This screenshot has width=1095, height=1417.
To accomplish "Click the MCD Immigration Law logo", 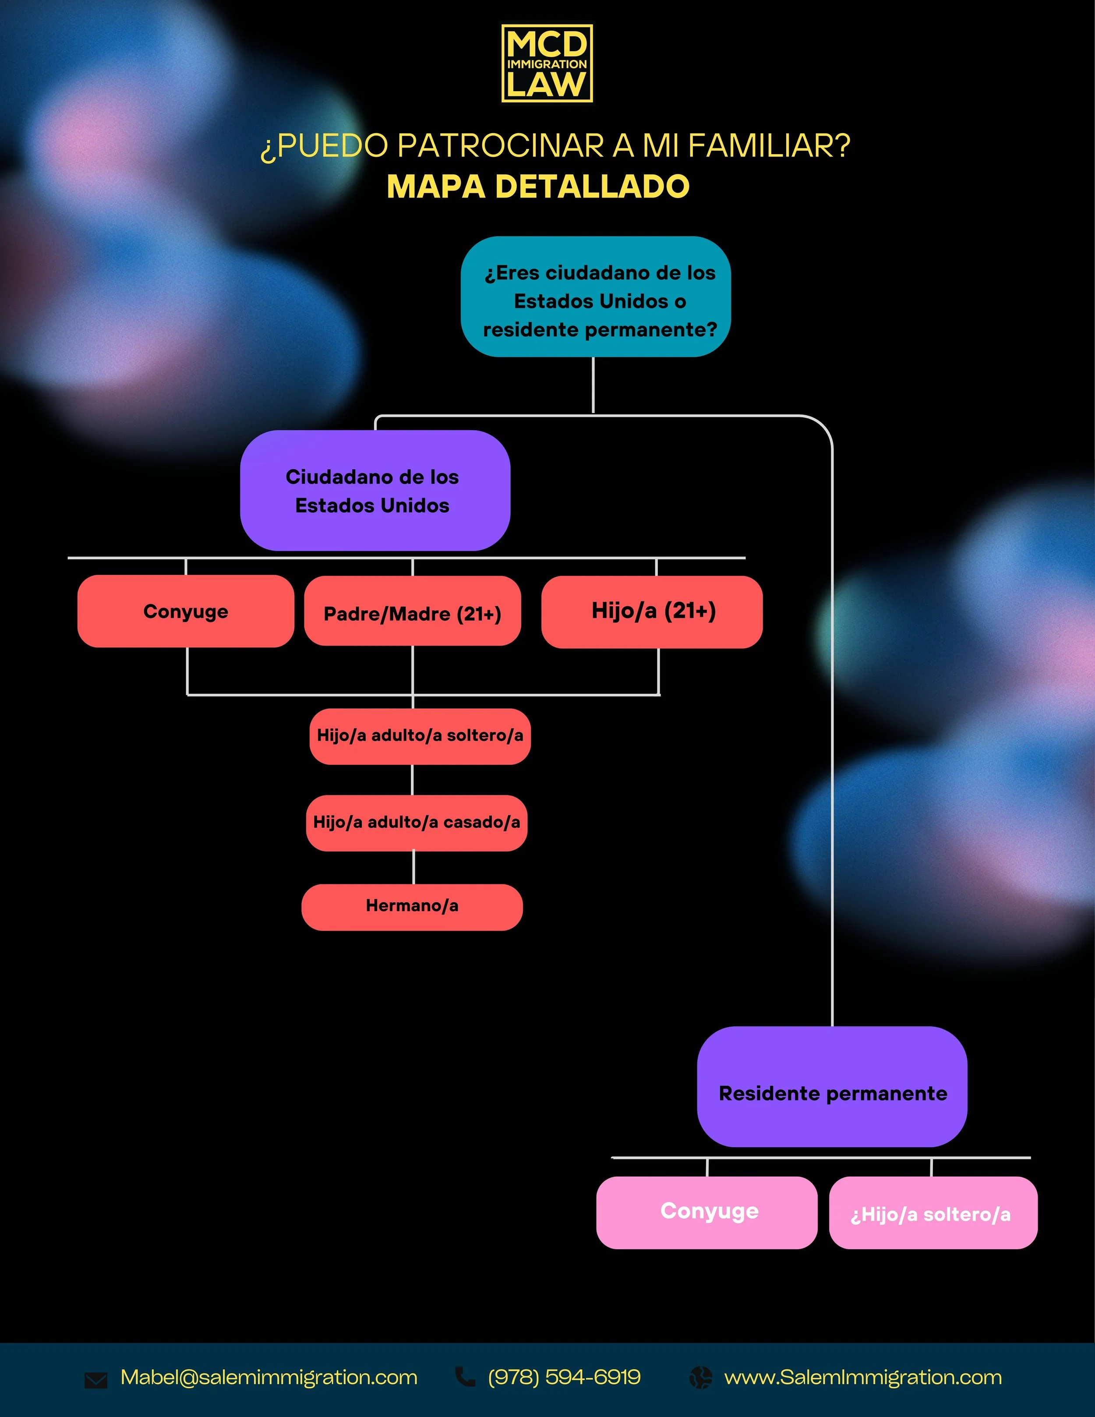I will tap(547, 64).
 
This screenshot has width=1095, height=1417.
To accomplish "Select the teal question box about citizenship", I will tap(596, 297).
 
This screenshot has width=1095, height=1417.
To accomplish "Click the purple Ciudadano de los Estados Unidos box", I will tap(375, 491).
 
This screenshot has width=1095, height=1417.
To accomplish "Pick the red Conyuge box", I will tap(186, 611).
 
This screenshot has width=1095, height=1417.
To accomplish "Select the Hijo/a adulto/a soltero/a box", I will tap(420, 736).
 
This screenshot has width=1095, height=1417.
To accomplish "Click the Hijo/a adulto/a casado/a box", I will tap(417, 823).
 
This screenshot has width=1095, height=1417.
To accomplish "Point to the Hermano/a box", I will tap(412, 906).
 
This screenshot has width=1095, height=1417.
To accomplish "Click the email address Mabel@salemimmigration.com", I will tap(268, 1377).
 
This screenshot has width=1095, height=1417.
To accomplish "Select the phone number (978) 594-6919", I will tap(564, 1377).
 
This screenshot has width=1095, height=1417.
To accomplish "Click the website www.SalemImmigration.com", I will tap(863, 1377).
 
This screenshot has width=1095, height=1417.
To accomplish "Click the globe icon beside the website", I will tap(701, 1377).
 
